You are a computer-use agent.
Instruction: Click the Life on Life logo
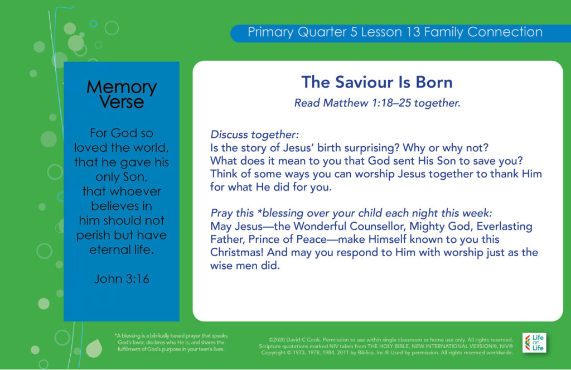[x=534, y=343]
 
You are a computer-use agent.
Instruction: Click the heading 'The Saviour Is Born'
[x=377, y=82]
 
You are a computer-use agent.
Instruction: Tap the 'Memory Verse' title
[x=122, y=94]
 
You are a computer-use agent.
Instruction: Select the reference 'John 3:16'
[x=122, y=279]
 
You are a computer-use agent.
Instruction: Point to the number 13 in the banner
[x=413, y=32]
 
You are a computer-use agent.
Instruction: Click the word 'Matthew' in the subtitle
[x=346, y=103]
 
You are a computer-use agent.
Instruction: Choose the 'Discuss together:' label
[x=254, y=134]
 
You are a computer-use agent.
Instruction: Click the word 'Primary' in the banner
[x=270, y=32]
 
